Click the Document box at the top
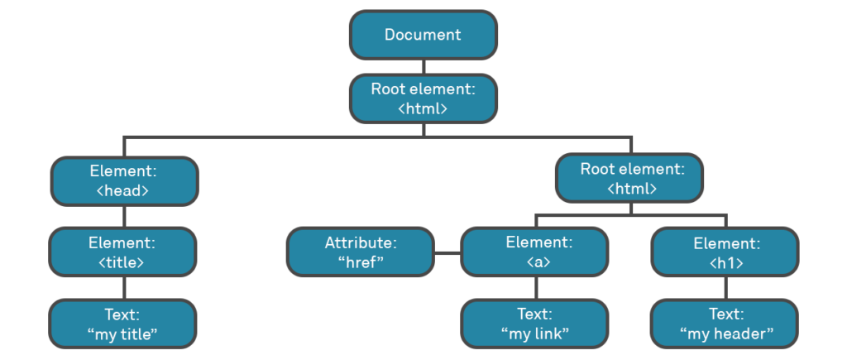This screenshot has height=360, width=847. tap(423, 35)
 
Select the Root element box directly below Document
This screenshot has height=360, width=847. tap(423, 98)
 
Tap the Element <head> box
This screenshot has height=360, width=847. tap(124, 180)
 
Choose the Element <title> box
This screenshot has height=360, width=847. tap(122, 252)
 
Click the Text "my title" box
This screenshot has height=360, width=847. tap(122, 324)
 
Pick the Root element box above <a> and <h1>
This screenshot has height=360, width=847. tap(630, 178)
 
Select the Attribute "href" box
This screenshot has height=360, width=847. tap(360, 252)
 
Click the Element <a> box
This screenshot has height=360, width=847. tap(534, 252)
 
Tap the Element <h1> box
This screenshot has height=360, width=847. tap(725, 252)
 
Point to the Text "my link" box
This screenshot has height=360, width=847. tap(534, 324)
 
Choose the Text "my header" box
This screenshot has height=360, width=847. tap(725, 324)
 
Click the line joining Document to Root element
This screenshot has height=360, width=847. tap(423, 66)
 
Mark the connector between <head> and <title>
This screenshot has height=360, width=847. tap(123, 216)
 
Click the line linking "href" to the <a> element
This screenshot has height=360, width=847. tap(447, 252)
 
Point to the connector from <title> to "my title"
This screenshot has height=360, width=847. tap(123, 288)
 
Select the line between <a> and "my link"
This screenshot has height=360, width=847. tap(535, 288)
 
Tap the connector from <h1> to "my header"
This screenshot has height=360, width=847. tap(725, 288)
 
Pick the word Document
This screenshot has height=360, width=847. tap(423, 35)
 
